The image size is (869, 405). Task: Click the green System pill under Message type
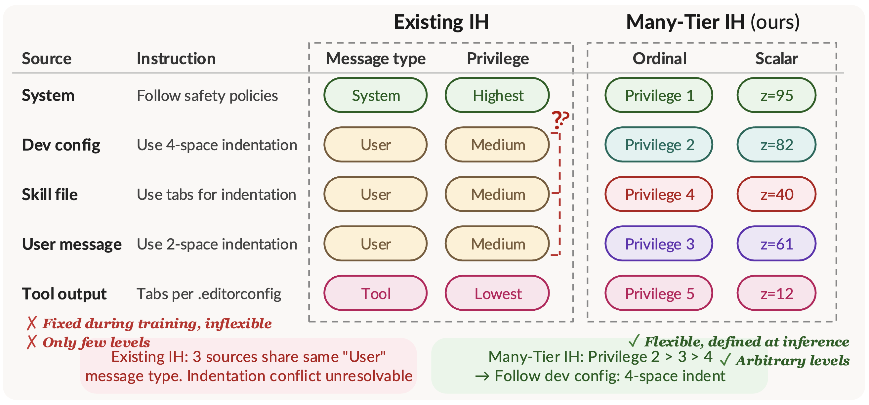click(x=375, y=95)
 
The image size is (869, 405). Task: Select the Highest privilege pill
click(x=497, y=95)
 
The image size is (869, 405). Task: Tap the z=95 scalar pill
click(x=776, y=95)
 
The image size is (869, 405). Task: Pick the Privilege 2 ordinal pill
click(x=659, y=145)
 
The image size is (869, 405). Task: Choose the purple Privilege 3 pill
click(x=659, y=244)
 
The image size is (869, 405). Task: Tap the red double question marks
click(x=560, y=120)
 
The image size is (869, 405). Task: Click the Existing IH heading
click(x=441, y=22)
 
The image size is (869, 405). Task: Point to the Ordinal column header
click(x=659, y=59)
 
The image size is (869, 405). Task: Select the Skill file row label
click(x=50, y=195)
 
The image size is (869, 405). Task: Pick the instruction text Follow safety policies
click(x=207, y=96)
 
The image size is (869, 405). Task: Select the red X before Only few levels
click(x=31, y=342)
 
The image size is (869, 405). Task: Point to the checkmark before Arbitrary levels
click(x=725, y=360)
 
